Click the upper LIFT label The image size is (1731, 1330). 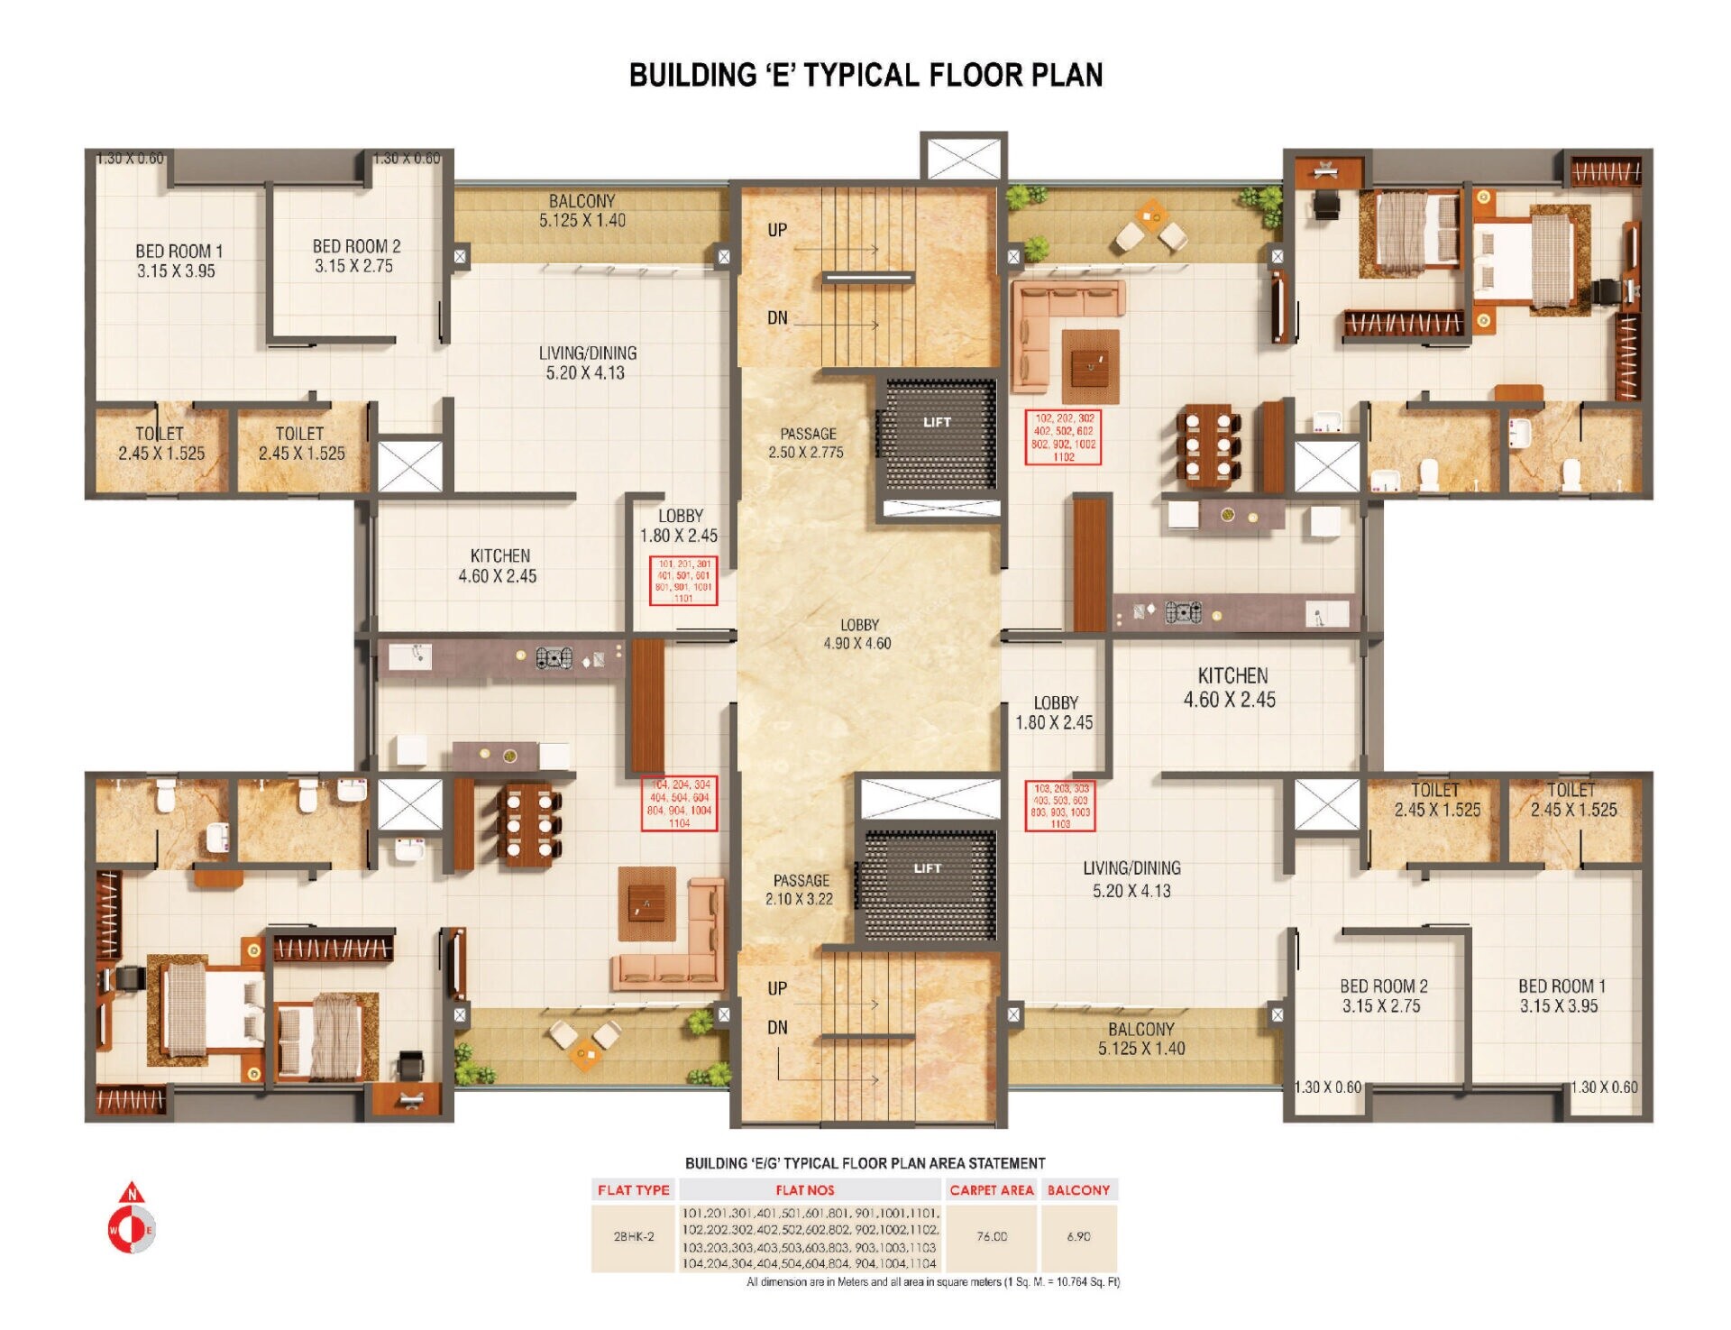coord(937,422)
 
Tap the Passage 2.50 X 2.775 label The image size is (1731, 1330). coord(807,443)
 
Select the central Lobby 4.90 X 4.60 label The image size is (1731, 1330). coord(857,634)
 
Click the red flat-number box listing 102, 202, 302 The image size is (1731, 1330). coord(1064,437)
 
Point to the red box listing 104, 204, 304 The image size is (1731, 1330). coord(680,803)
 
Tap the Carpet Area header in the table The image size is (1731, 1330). coord(991,1190)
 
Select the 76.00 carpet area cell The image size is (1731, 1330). coord(991,1236)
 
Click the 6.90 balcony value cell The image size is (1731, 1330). coord(1078,1236)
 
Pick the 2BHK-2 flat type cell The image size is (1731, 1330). coord(634,1236)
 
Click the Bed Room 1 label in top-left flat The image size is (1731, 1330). coord(178,261)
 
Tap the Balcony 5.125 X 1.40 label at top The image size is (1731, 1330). coord(582,210)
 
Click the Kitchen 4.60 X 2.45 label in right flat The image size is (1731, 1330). coord(1231,687)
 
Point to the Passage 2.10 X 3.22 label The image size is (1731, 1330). coord(800,889)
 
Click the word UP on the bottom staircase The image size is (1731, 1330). coord(777,988)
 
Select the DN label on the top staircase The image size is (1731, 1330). coord(777,317)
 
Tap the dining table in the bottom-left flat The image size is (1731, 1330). coord(529,825)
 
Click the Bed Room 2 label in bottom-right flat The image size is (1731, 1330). coord(1382,995)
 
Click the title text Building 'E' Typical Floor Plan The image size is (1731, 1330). coord(865,75)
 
